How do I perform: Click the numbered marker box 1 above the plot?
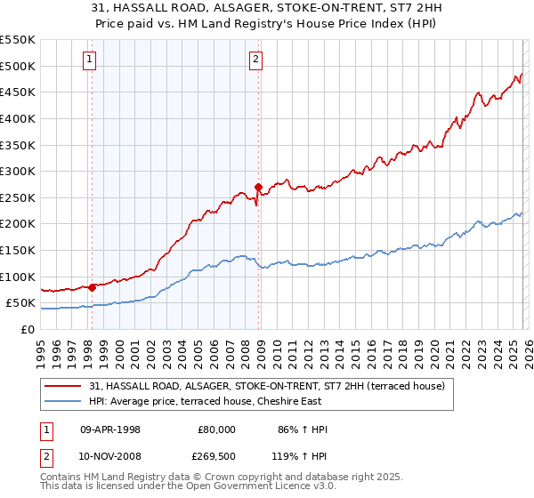click(x=91, y=60)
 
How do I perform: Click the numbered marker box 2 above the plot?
click(x=255, y=60)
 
